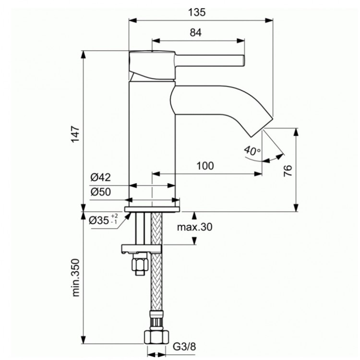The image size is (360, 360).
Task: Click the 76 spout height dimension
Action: click(288, 170)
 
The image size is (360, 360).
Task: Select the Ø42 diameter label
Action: click(101, 178)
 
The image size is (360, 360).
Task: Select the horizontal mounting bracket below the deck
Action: click(142, 248)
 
